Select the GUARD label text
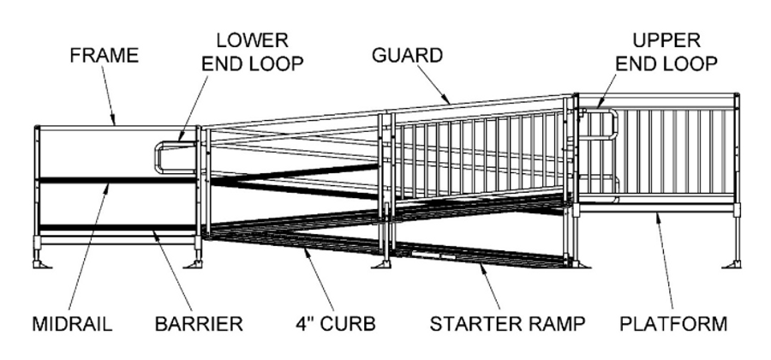(x=407, y=57)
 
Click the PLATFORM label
(x=675, y=325)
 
